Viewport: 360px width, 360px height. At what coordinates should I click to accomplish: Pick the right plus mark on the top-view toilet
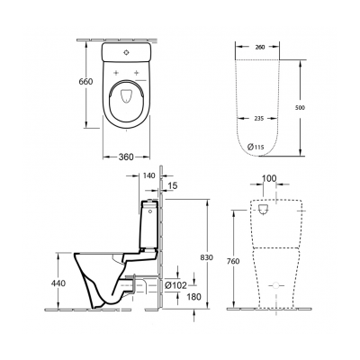pos(138,71)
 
